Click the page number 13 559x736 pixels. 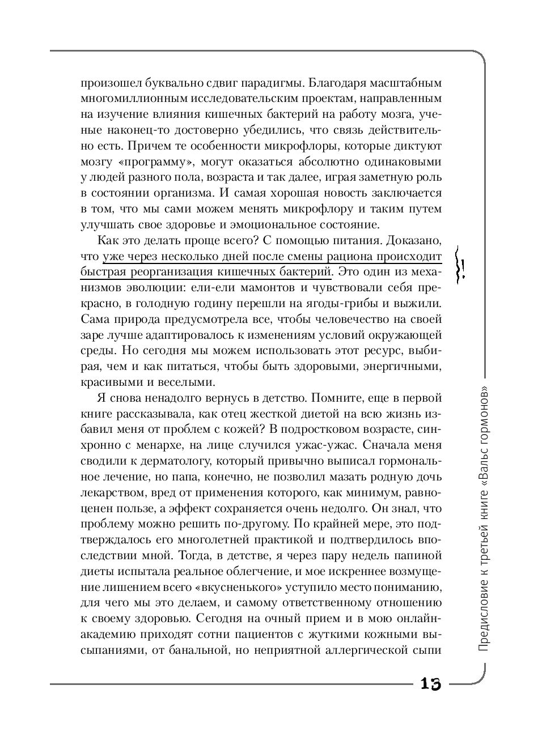[430, 684]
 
